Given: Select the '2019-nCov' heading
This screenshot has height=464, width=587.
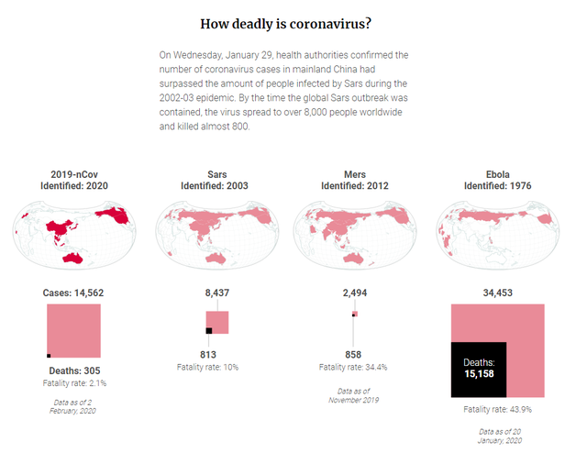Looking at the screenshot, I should pyautogui.click(x=74, y=173).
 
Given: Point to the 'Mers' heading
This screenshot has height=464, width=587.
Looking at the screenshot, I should pyautogui.click(x=354, y=173).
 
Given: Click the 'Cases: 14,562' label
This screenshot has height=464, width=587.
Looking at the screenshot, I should pyautogui.click(x=74, y=293).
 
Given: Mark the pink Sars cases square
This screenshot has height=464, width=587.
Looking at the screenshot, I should pyautogui.click(x=219, y=320).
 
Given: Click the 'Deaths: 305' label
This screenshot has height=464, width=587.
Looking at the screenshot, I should pyautogui.click(x=74, y=370).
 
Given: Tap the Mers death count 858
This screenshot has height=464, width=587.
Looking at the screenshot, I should pyautogui.click(x=353, y=354).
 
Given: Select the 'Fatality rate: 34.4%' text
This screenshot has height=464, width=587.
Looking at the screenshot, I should pyautogui.click(x=353, y=367).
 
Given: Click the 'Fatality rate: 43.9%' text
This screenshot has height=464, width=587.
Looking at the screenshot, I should pyautogui.click(x=497, y=409).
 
